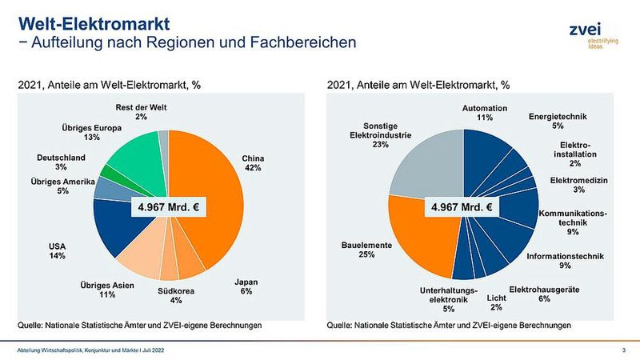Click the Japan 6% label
(x=246, y=286)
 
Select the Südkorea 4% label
(x=176, y=295)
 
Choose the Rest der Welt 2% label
(x=141, y=112)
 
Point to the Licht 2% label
(x=496, y=302)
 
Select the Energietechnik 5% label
(x=558, y=121)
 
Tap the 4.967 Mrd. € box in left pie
(x=169, y=207)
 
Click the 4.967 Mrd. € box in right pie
(x=462, y=207)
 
